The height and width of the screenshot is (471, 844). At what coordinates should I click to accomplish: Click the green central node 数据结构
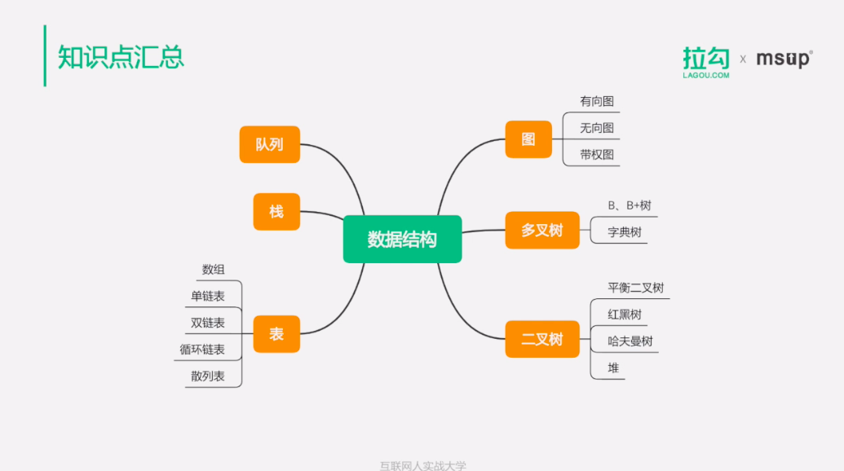(x=402, y=239)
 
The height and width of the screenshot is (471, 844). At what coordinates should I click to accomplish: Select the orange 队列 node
(x=269, y=144)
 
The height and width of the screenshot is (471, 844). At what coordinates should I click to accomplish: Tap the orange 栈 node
(x=276, y=211)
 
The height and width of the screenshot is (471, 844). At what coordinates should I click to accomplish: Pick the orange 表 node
(x=276, y=333)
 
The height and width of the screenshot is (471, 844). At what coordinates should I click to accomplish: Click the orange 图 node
(x=528, y=139)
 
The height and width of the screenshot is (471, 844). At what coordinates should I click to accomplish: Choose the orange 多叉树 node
(x=542, y=230)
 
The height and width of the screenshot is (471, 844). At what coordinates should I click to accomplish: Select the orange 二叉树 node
(x=542, y=339)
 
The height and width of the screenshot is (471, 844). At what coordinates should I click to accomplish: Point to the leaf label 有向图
(x=597, y=102)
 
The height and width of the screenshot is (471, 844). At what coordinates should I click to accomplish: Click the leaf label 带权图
(x=597, y=154)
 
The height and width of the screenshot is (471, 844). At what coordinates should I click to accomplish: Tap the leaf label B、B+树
(x=630, y=205)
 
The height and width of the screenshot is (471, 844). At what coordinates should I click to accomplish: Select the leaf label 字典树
(x=625, y=232)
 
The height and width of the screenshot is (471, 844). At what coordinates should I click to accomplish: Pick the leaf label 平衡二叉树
(x=636, y=288)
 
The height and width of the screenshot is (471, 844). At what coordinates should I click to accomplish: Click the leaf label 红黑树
(x=625, y=315)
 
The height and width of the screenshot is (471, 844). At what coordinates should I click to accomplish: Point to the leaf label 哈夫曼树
(x=630, y=341)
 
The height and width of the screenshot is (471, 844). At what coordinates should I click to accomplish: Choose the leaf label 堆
(x=613, y=368)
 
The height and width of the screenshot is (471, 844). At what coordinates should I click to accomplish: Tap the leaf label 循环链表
(x=202, y=350)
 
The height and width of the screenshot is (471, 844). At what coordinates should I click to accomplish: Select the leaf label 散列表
(x=208, y=376)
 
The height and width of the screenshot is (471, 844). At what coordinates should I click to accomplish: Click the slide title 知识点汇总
(x=121, y=57)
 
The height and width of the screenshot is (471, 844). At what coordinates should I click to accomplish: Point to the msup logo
(x=784, y=59)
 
